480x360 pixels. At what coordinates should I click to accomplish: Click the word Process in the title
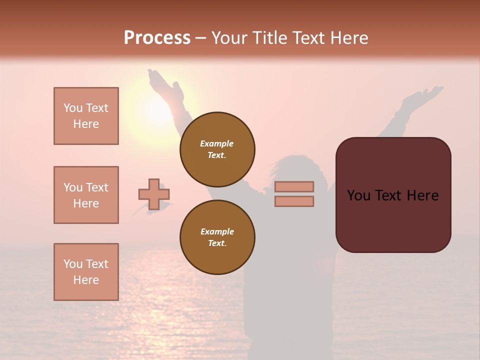[157, 37]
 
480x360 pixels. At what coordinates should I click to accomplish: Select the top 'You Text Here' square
[86, 116]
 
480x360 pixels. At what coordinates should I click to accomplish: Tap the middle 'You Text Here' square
[86, 195]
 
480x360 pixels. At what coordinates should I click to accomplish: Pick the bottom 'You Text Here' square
[86, 272]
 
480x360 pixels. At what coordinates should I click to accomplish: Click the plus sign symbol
[154, 194]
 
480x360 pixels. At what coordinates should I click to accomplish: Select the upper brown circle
[217, 149]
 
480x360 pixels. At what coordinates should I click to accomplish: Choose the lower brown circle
[217, 237]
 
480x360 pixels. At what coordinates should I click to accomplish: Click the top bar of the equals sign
[294, 186]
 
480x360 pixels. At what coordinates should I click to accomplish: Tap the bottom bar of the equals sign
[294, 201]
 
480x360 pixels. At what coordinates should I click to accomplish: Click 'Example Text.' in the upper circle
[217, 149]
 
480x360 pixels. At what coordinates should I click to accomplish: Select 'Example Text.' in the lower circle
[217, 237]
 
